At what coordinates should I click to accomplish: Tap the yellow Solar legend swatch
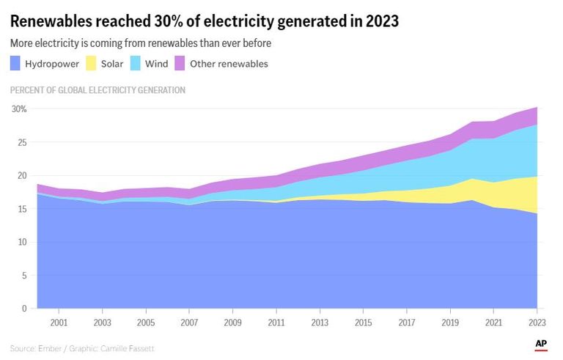pyautogui.click(x=91, y=64)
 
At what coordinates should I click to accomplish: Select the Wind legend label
pyautogui.click(x=156, y=64)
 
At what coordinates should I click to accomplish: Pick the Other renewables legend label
pyautogui.click(x=229, y=64)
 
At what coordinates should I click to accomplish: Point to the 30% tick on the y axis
pyautogui.click(x=19, y=109)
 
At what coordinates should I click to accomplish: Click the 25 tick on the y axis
pyautogui.click(x=22, y=142)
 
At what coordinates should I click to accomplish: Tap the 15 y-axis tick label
pyautogui.click(x=22, y=209)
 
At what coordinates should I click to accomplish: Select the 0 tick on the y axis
pyautogui.click(x=24, y=309)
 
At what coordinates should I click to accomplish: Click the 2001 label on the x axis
pyautogui.click(x=59, y=322)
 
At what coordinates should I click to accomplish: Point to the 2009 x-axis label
pyautogui.click(x=233, y=322)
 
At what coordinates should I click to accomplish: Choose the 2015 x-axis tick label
pyautogui.click(x=363, y=322)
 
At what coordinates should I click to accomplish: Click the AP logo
pyautogui.click(x=542, y=343)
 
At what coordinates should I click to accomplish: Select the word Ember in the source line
pyautogui.click(x=51, y=348)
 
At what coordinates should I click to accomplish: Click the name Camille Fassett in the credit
pyautogui.click(x=133, y=348)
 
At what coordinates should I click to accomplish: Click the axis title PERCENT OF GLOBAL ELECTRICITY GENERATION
pyautogui.click(x=97, y=90)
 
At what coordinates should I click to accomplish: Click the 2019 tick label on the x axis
pyautogui.click(x=449, y=322)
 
